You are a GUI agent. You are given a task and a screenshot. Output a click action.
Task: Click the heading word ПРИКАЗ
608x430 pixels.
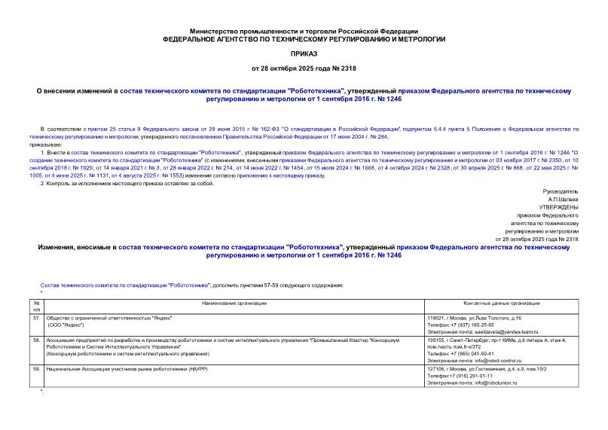(304, 55)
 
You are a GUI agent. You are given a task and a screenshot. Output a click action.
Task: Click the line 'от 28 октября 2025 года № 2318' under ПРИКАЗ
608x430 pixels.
(304, 70)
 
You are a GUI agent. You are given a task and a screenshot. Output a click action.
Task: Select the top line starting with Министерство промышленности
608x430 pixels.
(304, 28)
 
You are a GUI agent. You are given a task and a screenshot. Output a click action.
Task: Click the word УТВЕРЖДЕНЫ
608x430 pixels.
(558, 206)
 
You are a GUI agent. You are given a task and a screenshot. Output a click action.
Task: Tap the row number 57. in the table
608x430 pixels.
(36, 318)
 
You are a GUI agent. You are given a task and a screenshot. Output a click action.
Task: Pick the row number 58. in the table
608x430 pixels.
(36, 340)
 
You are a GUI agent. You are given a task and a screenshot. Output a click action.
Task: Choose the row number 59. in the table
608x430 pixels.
(36, 370)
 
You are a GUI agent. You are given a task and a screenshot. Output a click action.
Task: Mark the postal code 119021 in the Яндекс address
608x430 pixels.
(435, 318)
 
